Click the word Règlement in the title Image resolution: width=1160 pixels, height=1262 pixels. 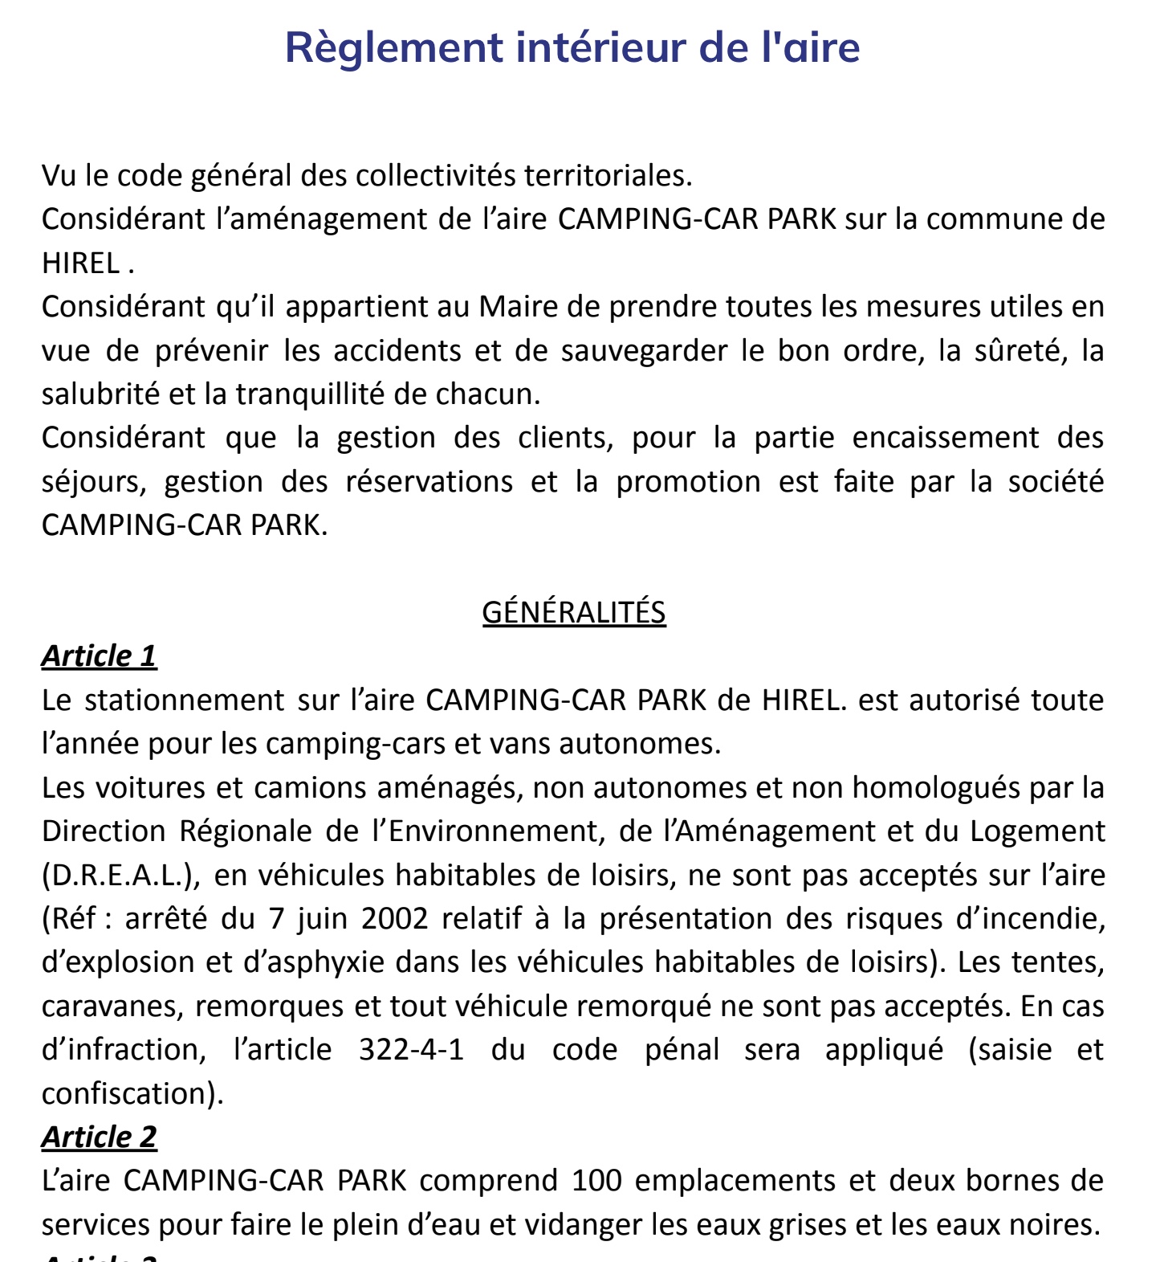(x=393, y=48)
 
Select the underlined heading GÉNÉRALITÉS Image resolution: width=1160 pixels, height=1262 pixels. (x=573, y=613)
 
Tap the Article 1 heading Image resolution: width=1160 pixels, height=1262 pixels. (x=99, y=656)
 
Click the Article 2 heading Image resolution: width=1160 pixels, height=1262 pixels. (x=99, y=1137)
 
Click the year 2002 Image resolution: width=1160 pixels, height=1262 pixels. (x=394, y=918)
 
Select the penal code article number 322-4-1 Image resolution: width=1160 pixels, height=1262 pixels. (x=411, y=1050)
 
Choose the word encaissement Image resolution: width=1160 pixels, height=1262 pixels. (x=945, y=439)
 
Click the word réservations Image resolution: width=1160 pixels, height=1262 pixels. (x=429, y=482)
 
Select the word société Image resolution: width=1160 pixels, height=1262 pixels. (x=1056, y=482)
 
